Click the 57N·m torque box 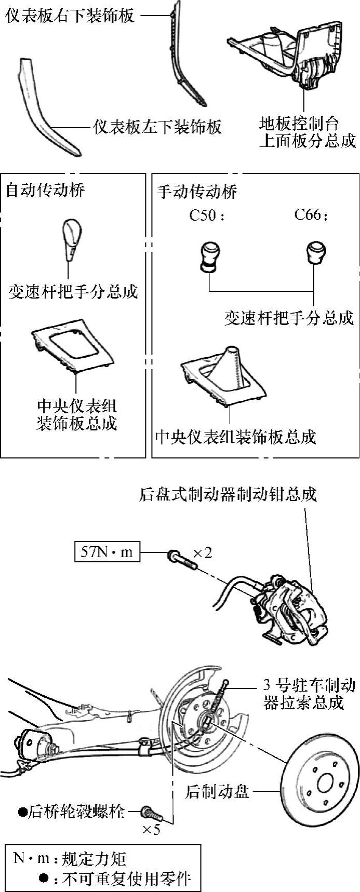coord(107,552)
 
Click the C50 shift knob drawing coord(209,256)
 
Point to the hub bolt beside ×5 coord(150,811)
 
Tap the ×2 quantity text coord(203,553)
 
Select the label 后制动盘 coord(218,792)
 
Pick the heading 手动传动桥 coord(197,192)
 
